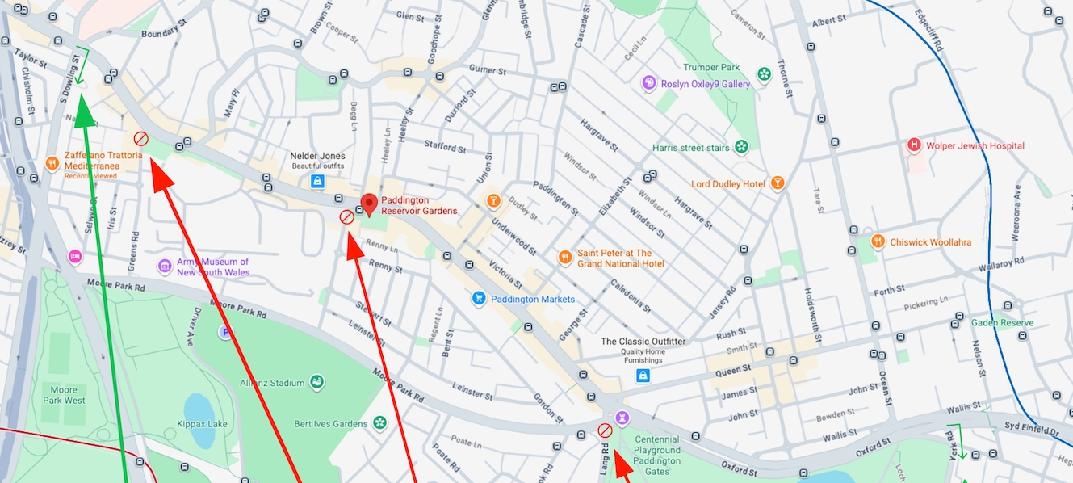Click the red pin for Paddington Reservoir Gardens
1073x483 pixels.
(x=369, y=204)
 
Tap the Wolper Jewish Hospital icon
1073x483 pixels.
(x=914, y=145)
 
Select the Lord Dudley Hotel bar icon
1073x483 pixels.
(x=777, y=183)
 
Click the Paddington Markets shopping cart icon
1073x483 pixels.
(x=479, y=299)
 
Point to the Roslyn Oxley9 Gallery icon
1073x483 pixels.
(x=648, y=83)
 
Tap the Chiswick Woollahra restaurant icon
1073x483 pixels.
(x=878, y=241)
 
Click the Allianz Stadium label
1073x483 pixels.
(x=272, y=383)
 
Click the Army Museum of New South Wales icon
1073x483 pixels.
(x=165, y=267)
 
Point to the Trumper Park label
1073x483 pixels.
(x=711, y=68)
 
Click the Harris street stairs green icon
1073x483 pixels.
(x=741, y=147)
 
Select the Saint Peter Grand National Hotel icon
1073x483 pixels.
(x=565, y=258)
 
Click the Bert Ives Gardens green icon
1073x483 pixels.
(x=379, y=423)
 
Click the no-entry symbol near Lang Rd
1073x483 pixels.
(x=605, y=430)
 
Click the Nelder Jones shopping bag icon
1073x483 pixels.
(x=318, y=182)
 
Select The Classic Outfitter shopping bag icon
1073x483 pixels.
(x=643, y=376)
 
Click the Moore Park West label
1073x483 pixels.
(x=63, y=395)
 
